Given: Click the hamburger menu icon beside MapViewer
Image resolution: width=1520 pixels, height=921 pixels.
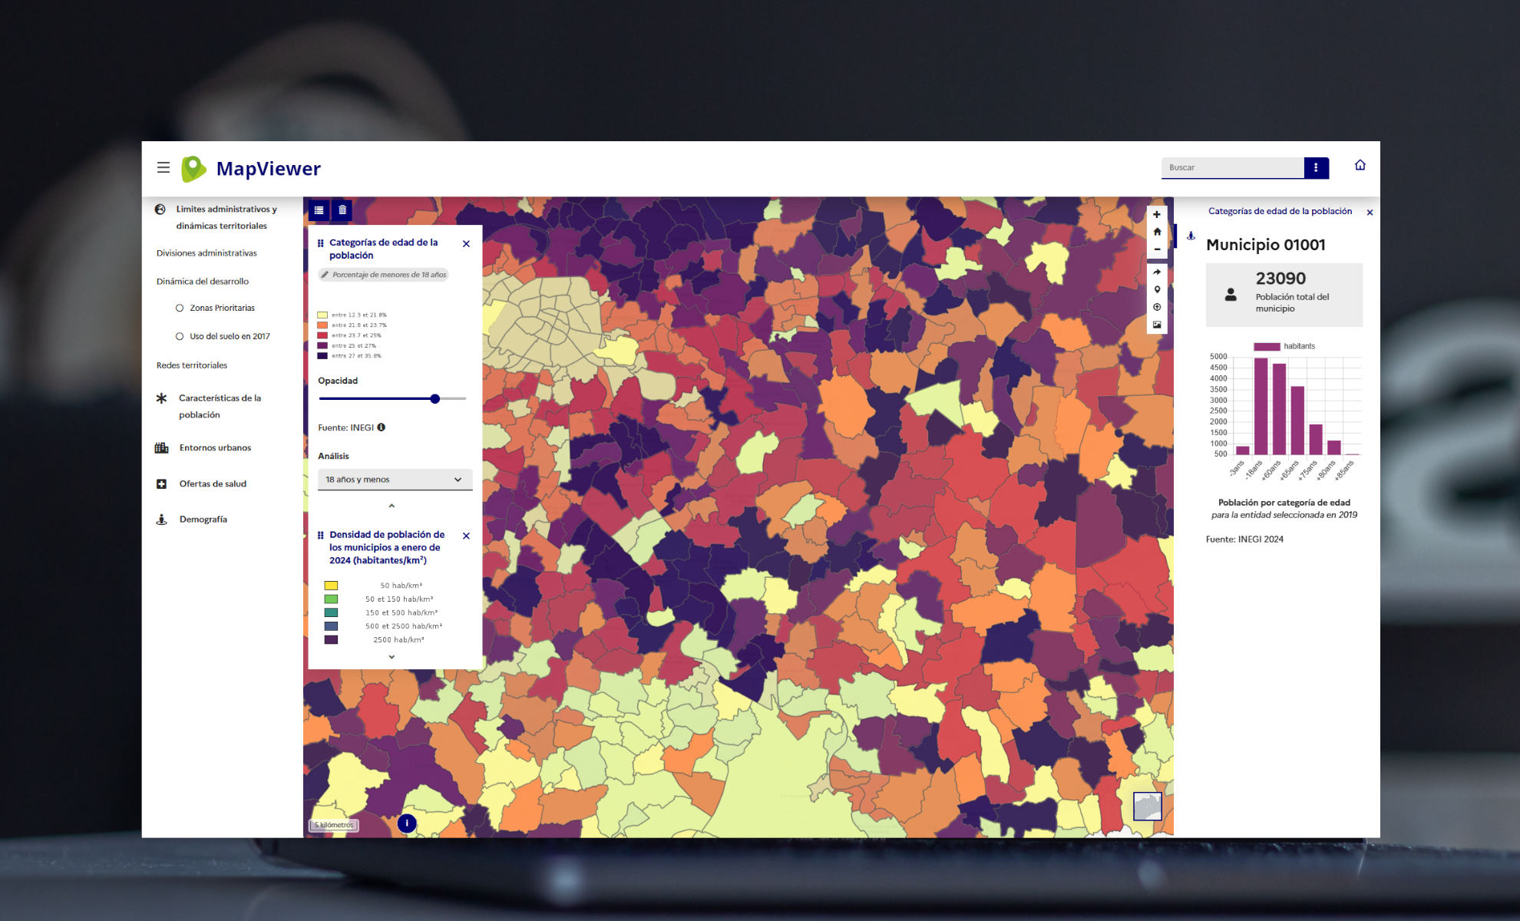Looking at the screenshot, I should click(164, 167).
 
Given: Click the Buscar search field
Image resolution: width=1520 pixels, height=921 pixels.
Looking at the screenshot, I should click(1232, 167).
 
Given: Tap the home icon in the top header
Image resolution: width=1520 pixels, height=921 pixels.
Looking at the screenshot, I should click(1360, 165).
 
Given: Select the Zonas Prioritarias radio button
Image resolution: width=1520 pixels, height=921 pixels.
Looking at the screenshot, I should click(180, 308).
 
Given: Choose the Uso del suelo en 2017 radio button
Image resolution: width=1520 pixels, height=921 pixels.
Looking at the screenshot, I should click(180, 336).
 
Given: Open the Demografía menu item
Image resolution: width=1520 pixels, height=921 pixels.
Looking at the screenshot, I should click(203, 520).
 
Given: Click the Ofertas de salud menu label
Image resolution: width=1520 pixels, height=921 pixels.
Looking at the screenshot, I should click(213, 484).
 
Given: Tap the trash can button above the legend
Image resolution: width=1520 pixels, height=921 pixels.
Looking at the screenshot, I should click(342, 210).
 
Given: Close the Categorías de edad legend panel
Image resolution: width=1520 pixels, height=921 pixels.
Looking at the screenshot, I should click(466, 244).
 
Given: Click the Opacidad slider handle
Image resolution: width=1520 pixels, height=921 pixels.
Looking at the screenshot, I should click(435, 399).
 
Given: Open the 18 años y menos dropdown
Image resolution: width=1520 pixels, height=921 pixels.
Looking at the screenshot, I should click(395, 480).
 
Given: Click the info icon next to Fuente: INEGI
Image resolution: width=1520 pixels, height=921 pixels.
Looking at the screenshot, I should click(382, 427).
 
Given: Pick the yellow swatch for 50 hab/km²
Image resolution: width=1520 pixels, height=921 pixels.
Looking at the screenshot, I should click(331, 586).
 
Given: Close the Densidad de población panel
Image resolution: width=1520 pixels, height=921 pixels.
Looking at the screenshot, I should click(466, 536).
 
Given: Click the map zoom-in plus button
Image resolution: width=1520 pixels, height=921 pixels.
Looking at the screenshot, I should click(1157, 215).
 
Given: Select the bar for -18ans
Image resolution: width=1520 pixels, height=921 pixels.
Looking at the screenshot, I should click(1261, 407).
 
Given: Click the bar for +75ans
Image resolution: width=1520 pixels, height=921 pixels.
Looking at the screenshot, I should click(1316, 439).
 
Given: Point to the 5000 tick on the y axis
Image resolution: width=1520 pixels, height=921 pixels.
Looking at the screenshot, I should click(1218, 357).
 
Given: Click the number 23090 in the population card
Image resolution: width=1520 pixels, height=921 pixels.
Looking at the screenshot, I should click(1280, 279).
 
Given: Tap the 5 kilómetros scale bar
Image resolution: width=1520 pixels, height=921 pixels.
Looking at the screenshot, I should click(335, 825).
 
